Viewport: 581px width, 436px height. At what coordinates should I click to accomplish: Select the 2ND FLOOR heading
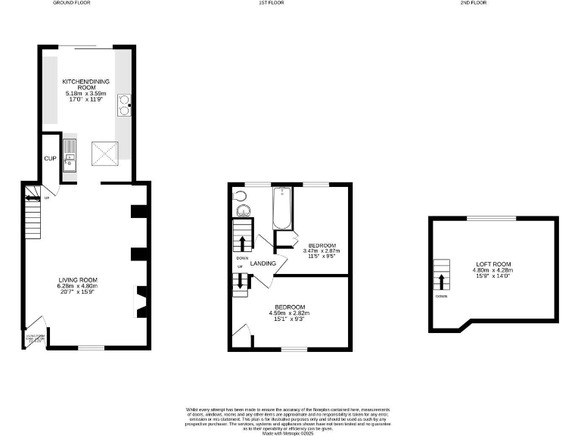tap(473, 3)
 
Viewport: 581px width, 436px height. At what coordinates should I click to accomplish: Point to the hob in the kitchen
tap(123, 104)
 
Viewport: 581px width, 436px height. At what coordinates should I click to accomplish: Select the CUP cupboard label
tap(50, 158)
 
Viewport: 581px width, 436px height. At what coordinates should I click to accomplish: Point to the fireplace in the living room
tap(141, 301)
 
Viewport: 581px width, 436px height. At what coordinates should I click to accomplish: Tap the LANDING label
tap(263, 263)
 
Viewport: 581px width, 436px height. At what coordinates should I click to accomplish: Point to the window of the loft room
tap(492, 218)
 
